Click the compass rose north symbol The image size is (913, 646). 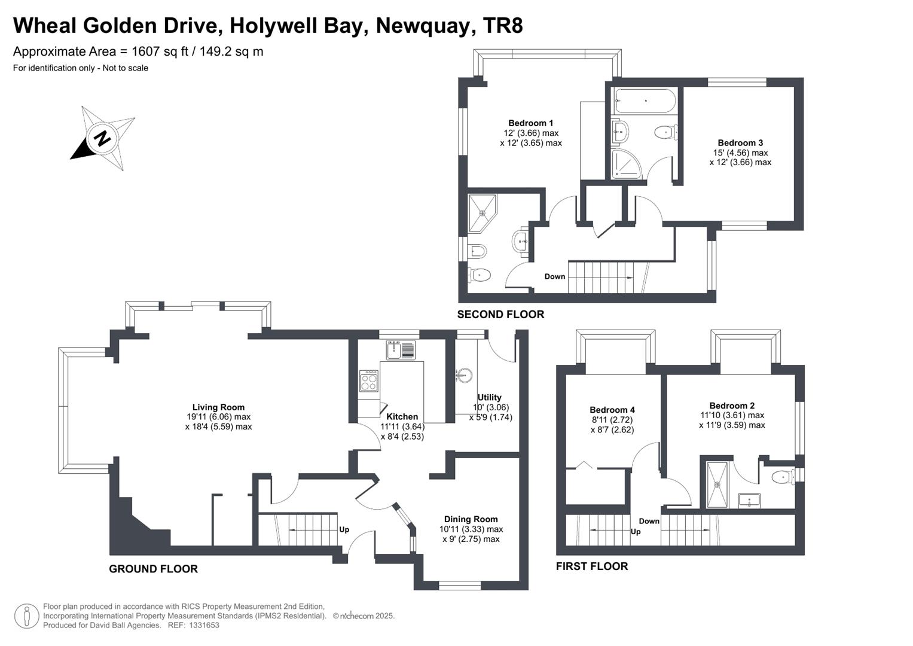coord(102,138)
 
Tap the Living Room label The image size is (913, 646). coord(218,407)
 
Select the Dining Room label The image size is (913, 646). coord(471,519)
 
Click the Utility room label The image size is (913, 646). coord(489,397)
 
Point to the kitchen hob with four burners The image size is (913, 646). coord(368,381)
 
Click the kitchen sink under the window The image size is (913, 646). coord(401,350)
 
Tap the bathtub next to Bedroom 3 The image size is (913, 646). coord(645,100)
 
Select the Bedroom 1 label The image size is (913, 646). coord(530,123)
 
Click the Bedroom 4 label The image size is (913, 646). coord(612,410)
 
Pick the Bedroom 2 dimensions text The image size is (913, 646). coord(732,420)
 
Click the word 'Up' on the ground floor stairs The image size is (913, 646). coord(344,529)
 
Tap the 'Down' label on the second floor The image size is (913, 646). coord(554,276)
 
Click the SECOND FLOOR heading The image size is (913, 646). coord(500,315)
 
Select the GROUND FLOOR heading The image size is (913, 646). coord(153,569)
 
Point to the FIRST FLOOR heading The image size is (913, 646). coord(592,566)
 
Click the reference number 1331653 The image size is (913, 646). coord(204,625)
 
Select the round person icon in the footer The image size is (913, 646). coord(26,616)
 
